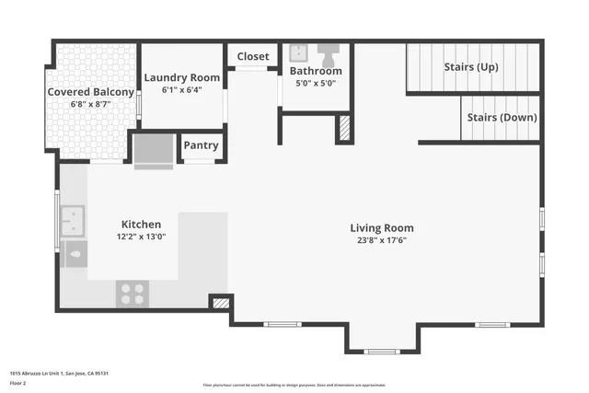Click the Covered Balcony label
[x=91, y=92]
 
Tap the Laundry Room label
[x=182, y=77]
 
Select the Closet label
[x=253, y=57]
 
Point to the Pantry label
[x=201, y=145]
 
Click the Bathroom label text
[x=316, y=71]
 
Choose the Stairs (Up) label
[x=471, y=66]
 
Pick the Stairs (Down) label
[x=502, y=118]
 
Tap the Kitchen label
[x=142, y=225]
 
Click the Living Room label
[x=382, y=228]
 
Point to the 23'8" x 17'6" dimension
[x=382, y=240]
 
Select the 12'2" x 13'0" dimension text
[x=142, y=237]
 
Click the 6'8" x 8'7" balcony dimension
[x=91, y=104]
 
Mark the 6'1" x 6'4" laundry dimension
[x=182, y=89]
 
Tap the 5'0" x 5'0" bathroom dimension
[x=316, y=83]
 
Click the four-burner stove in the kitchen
[x=133, y=294]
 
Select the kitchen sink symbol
[x=73, y=220]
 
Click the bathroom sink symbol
[x=299, y=52]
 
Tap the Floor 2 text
[x=17, y=382]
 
